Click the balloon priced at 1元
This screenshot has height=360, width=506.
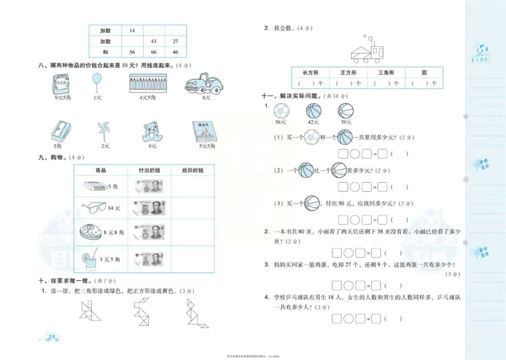(96, 80)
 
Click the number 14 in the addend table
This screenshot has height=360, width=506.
(132, 30)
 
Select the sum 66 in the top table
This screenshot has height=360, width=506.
(154, 51)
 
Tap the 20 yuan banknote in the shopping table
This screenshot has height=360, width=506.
(149, 208)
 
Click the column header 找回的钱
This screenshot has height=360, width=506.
(192, 171)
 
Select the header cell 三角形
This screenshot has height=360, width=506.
(386, 73)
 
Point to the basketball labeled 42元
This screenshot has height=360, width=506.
(313, 111)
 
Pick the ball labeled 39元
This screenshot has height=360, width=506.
(346, 111)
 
